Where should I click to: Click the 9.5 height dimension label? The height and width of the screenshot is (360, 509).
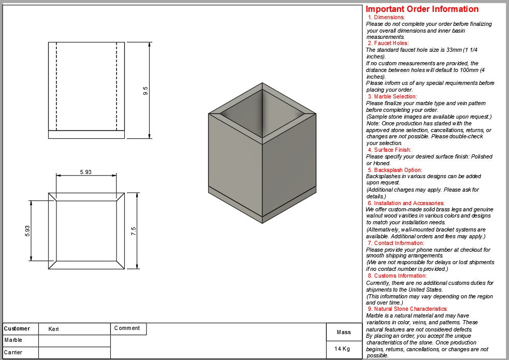[146, 91]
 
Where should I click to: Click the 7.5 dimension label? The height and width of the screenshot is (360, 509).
[134, 231]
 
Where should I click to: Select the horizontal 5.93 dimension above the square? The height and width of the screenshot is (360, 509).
[86, 172]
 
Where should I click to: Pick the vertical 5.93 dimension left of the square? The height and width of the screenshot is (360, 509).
[27, 231]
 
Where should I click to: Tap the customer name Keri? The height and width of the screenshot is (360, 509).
[54, 329]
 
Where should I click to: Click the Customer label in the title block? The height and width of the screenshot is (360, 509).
[17, 328]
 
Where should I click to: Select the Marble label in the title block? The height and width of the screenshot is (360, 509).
[13, 340]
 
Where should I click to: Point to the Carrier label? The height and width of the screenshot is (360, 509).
[13, 352]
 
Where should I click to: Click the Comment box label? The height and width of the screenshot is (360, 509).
[127, 328]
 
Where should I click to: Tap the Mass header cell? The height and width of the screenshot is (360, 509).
[344, 332]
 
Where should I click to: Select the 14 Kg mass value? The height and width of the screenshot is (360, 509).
[342, 349]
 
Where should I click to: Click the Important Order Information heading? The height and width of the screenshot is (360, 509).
[422, 9]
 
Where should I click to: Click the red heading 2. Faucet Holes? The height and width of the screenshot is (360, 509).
[388, 44]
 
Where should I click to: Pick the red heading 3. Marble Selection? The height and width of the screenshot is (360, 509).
[392, 96]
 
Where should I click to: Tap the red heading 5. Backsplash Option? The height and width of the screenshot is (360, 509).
[395, 170]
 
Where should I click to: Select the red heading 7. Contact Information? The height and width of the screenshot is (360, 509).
[396, 243]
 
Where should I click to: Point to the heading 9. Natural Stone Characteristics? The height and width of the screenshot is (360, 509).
[408, 309]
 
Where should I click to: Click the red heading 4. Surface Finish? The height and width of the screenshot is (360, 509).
[389, 150]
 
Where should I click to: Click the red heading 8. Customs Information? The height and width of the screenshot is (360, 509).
[397, 276]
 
